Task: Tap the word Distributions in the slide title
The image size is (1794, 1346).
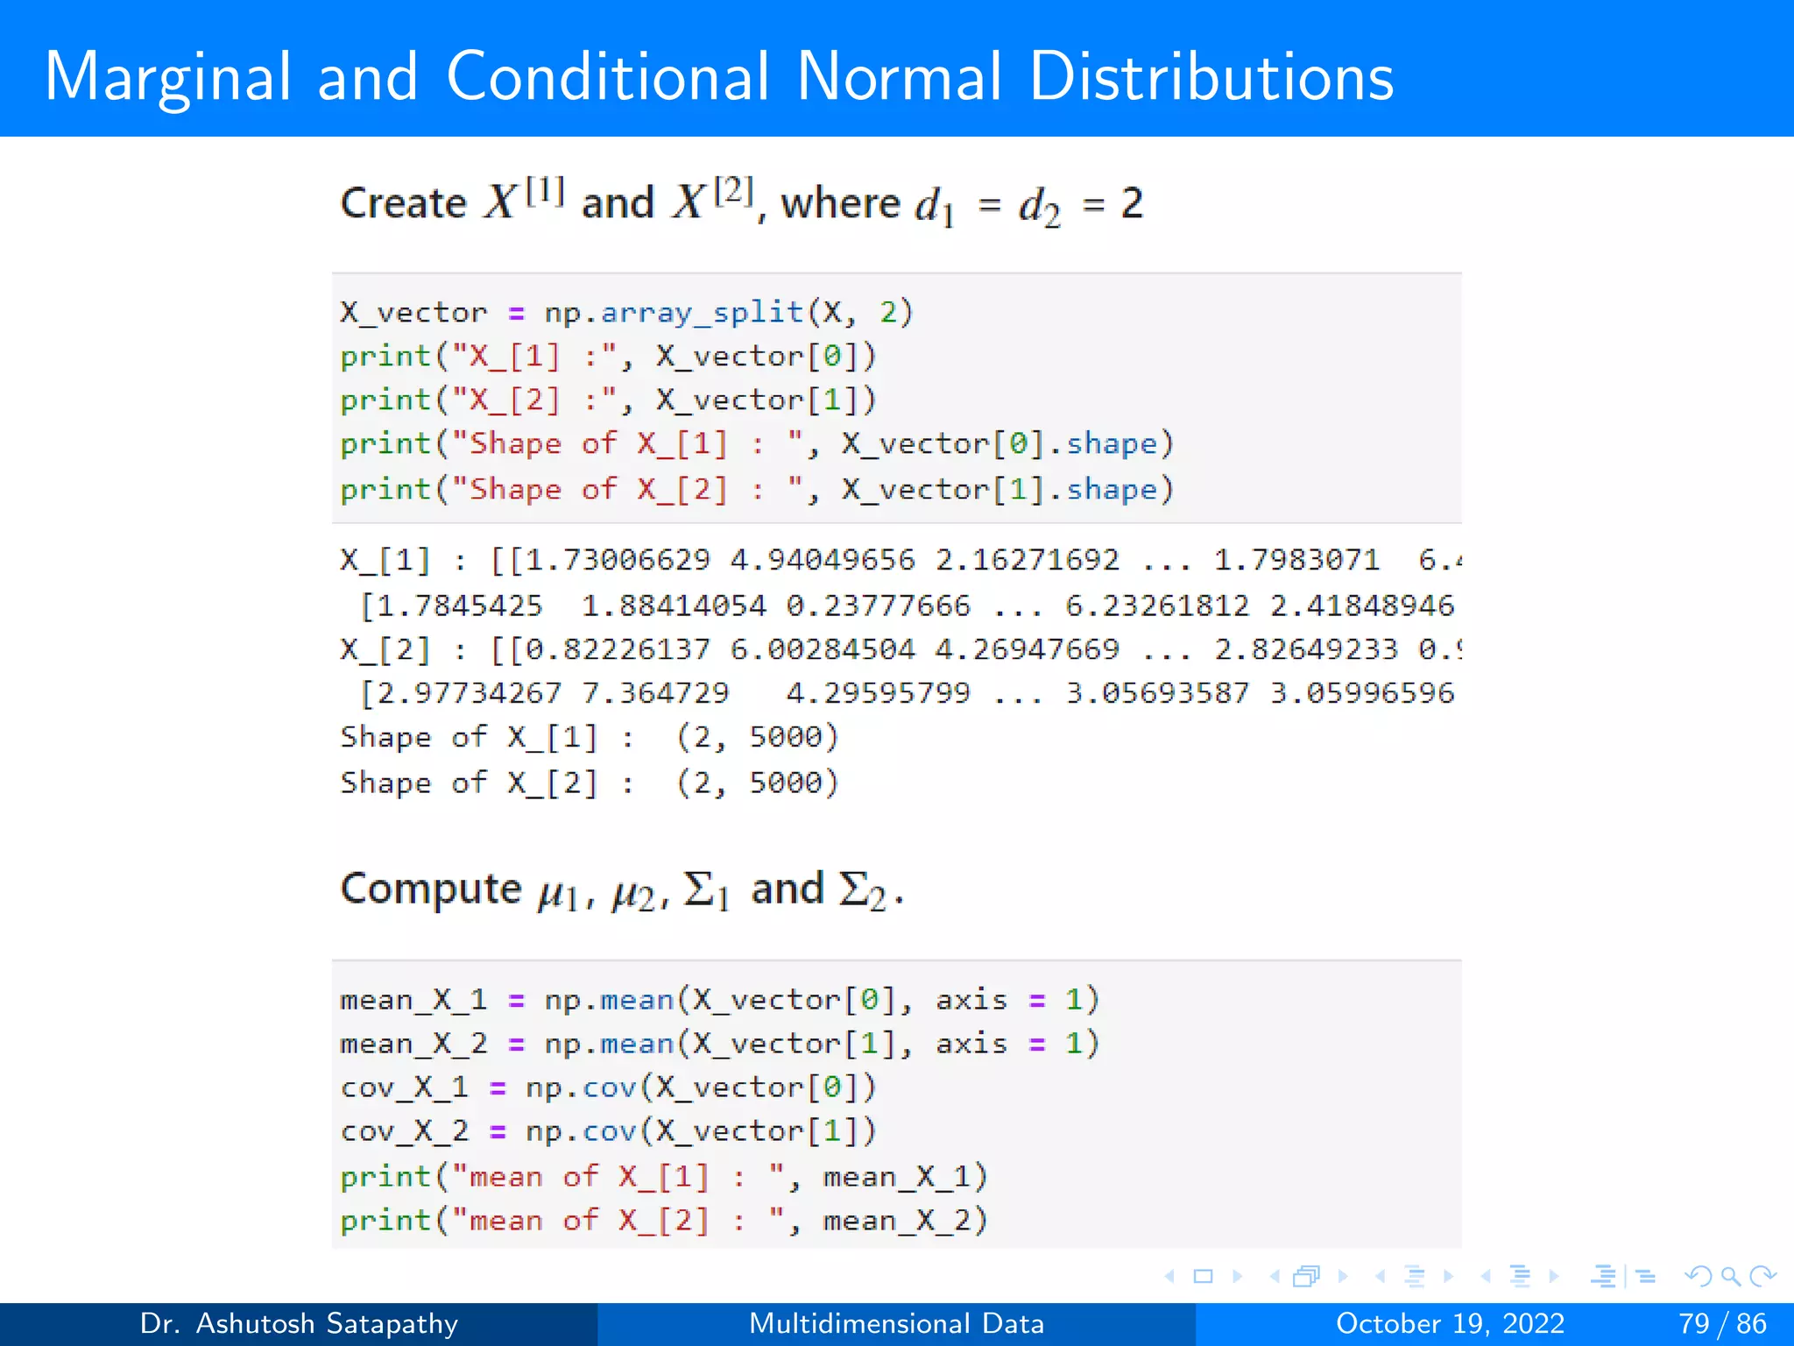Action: pyautogui.click(x=1211, y=77)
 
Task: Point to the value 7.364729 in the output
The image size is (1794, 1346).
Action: pyautogui.click(x=655, y=693)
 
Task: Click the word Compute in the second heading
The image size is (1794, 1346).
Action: pyautogui.click(x=431, y=889)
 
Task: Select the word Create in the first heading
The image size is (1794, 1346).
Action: pyautogui.click(x=403, y=203)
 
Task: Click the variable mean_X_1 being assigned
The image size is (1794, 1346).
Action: pyautogui.click(x=413, y=1000)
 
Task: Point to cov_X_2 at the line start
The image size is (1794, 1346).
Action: pyautogui.click(x=404, y=1131)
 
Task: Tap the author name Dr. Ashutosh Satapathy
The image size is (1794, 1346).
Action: pyautogui.click(x=299, y=1323)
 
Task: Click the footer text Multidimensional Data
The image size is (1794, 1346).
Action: pyautogui.click(x=896, y=1323)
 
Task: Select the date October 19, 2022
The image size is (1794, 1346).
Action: pyautogui.click(x=1450, y=1323)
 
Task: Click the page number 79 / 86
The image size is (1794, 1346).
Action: pyautogui.click(x=1722, y=1323)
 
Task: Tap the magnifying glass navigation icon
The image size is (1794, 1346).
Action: pyautogui.click(x=1730, y=1276)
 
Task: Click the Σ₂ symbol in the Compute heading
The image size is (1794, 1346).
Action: pyautogui.click(x=863, y=890)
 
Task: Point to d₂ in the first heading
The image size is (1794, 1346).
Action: pyautogui.click(x=1039, y=207)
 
